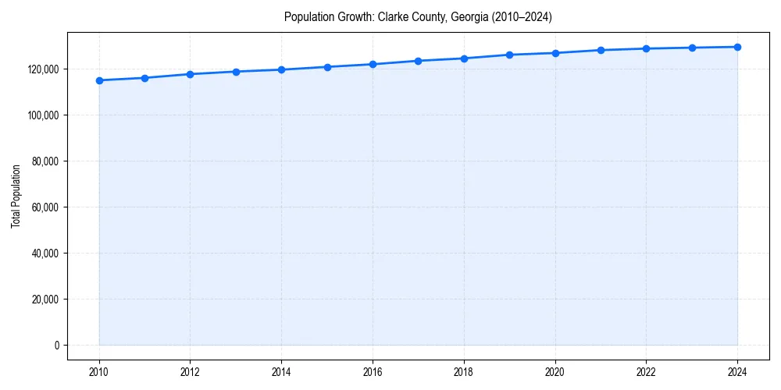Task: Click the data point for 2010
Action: pyautogui.click(x=99, y=80)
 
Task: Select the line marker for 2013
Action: pyautogui.click(x=236, y=72)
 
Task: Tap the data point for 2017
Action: pyautogui.click(x=418, y=61)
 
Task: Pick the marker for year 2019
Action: pyautogui.click(x=509, y=55)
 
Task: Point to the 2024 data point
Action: pyautogui.click(x=737, y=47)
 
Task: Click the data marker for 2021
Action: pyautogui.click(x=601, y=50)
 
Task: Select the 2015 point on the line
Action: pyautogui.click(x=327, y=67)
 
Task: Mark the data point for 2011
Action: pyautogui.click(x=144, y=78)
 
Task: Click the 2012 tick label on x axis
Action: pyautogui.click(x=190, y=372)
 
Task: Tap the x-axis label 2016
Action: pyautogui.click(x=373, y=372)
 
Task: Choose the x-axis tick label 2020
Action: pyautogui.click(x=555, y=372)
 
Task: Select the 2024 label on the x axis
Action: pyautogui.click(x=737, y=372)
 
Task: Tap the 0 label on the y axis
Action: pyautogui.click(x=57, y=346)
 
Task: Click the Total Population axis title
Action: pyautogui.click(x=16, y=196)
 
